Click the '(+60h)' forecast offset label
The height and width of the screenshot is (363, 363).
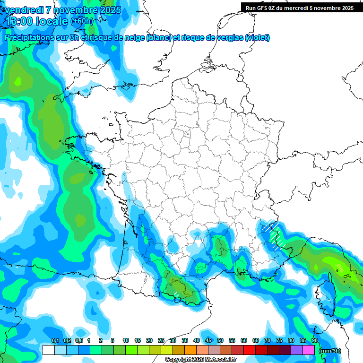(x=81, y=21)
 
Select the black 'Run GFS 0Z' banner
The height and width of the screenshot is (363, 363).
(x=298, y=8)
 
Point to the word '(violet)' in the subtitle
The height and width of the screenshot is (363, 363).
(x=257, y=38)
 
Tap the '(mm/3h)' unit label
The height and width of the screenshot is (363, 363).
(x=330, y=351)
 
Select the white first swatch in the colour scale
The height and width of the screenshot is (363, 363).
(x=48, y=350)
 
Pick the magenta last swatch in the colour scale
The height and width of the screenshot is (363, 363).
(x=309, y=350)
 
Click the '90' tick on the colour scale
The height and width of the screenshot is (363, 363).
(x=315, y=340)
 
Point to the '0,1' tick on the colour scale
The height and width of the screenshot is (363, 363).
(x=55, y=340)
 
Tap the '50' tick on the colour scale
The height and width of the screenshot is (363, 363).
(x=220, y=340)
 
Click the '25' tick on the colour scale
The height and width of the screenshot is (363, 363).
(x=161, y=340)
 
